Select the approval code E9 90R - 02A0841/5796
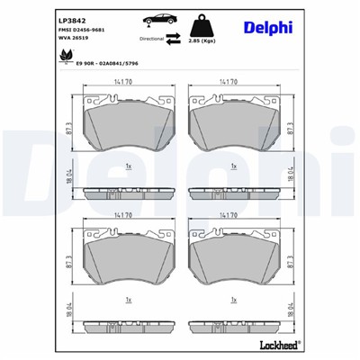pyautogui.click(x=112, y=65)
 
